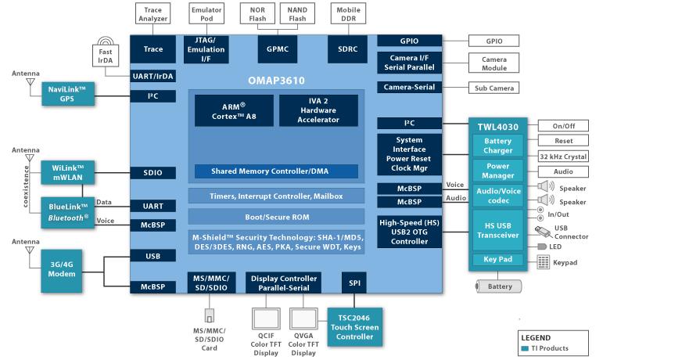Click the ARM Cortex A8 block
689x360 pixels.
click(234, 110)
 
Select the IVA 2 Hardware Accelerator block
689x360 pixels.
click(318, 110)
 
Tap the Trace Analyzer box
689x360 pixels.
click(153, 13)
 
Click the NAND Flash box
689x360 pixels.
click(297, 13)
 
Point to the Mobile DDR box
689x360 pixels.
click(347, 13)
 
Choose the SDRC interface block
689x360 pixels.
click(347, 49)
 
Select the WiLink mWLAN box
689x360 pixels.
click(67, 173)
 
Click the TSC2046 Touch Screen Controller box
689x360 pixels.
click(353, 326)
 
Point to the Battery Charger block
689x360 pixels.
click(497, 146)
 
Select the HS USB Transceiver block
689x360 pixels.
click(497, 230)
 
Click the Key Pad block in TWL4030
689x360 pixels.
click(497, 260)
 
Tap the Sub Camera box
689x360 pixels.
click(494, 88)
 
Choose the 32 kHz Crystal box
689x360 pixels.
click(563, 157)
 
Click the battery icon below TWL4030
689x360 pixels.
click(499, 286)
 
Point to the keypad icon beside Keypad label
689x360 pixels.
click(544, 263)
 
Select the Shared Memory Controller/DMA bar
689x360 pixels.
click(276, 171)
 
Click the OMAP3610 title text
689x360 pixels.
click(276, 81)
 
